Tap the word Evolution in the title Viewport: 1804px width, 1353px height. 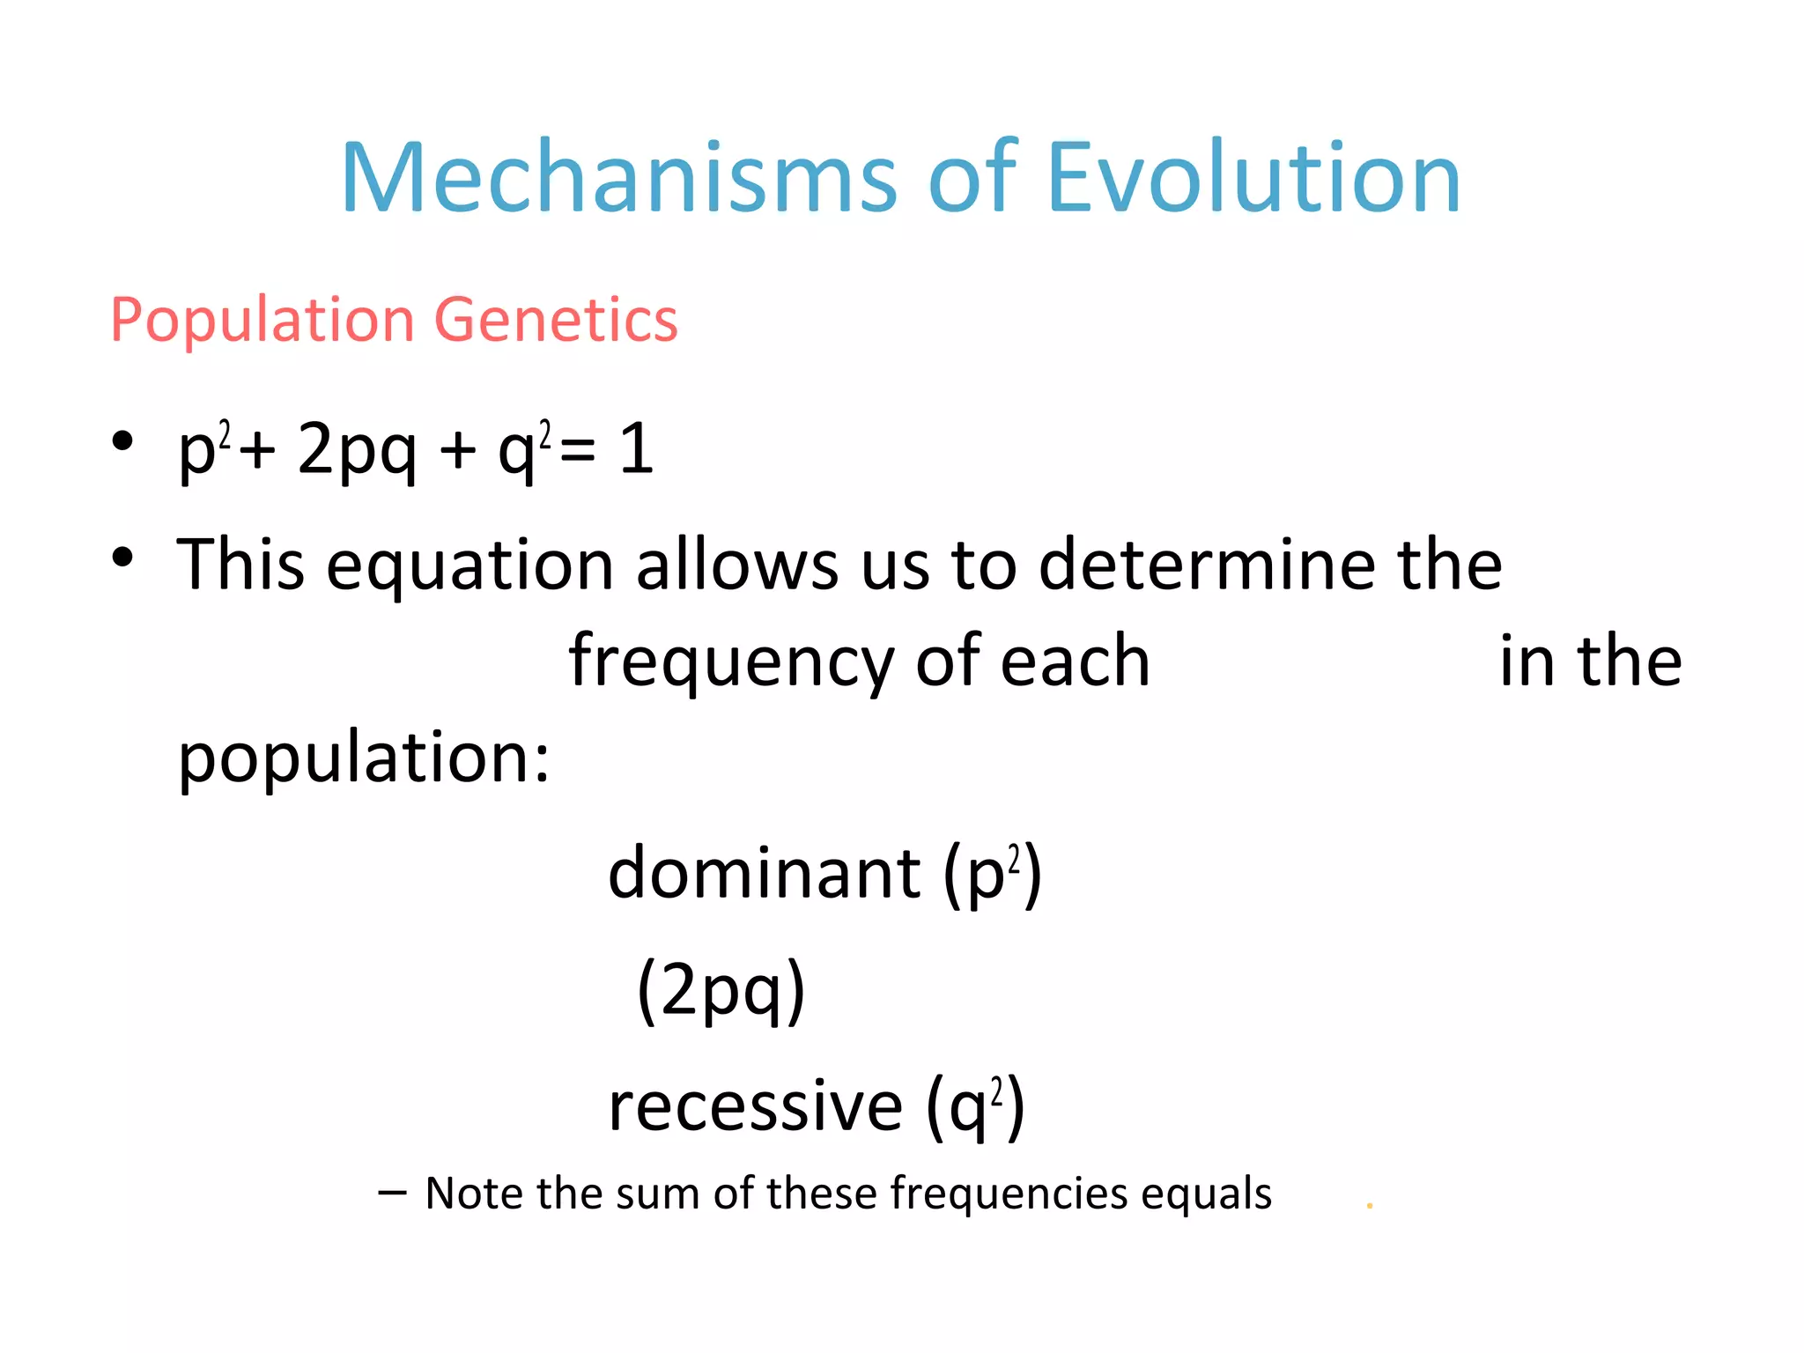1254,179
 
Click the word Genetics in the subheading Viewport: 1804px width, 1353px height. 557,320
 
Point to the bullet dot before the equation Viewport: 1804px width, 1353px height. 122,440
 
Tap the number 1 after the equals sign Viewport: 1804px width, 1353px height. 636,449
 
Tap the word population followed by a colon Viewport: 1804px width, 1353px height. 364,758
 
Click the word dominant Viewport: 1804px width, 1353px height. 765,873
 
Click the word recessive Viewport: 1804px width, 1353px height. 756,1106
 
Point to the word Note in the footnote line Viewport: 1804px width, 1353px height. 476,1194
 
